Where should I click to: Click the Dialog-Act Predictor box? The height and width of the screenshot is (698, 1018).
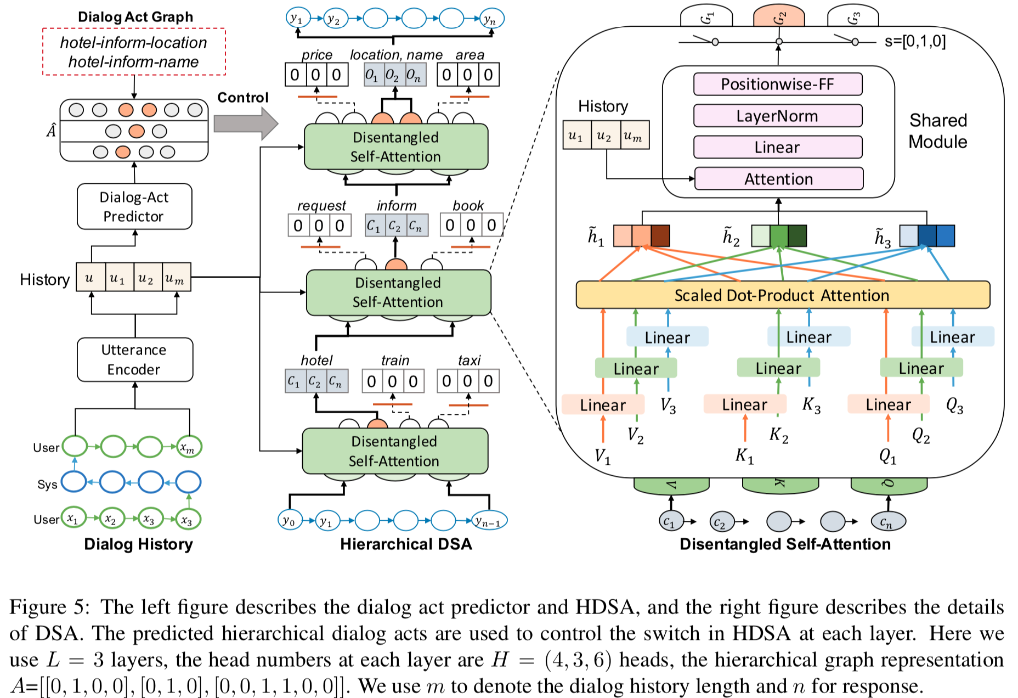coord(134,206)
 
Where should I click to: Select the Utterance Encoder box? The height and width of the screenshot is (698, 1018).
coord(134,359)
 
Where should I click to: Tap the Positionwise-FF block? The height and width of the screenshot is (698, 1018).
coord(777,84)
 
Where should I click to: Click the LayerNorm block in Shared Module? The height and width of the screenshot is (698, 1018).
coord(777,116)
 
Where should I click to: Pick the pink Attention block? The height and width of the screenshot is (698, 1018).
coord(778,179)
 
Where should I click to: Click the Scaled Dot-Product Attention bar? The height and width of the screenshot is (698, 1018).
coord(782,295)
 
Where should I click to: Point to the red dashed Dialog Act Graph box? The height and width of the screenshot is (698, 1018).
coord(134,52)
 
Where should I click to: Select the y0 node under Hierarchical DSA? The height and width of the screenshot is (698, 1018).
coord(290,520)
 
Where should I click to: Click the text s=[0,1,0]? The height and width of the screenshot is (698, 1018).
coord(915,42)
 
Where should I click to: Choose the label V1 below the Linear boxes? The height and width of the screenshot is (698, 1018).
coord(602,456)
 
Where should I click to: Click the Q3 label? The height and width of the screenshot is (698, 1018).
coord(954,406)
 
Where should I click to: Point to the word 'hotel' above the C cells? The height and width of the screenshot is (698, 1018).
coord(316,361)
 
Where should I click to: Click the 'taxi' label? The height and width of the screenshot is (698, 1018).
coord(469,361)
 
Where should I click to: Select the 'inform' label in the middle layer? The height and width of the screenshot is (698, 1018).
coord(397,206)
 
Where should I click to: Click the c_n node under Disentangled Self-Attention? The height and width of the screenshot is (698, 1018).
coord(887,522)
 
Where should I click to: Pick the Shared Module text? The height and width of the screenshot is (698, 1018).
coord(938,131)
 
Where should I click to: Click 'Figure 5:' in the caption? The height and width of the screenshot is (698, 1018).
coord(48,607)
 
